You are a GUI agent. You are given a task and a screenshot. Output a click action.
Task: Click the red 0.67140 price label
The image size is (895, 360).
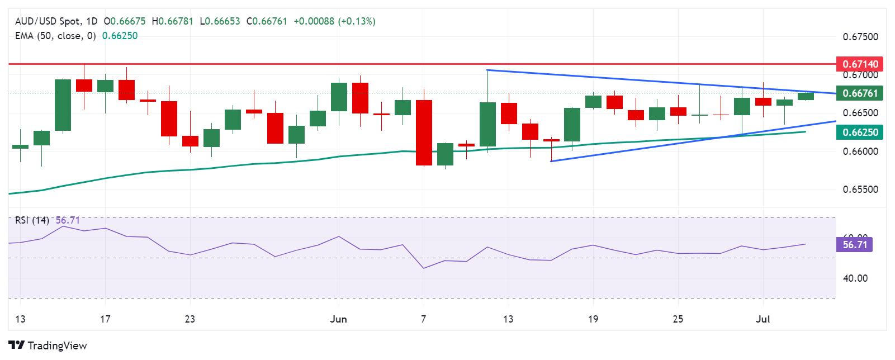point(860,64)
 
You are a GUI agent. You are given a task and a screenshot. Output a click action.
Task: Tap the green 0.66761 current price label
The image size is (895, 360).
point(860,93)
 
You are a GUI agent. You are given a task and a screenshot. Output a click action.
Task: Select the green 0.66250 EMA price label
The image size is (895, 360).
point(860,132)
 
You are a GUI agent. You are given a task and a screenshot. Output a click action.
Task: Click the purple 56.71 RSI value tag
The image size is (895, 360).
point(854,245)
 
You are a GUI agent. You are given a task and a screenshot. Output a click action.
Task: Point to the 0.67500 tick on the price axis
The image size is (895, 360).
point(860,37)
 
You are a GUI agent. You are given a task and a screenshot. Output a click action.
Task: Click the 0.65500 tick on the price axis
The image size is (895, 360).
point(860,190)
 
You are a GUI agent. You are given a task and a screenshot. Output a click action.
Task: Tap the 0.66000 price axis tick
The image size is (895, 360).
point(860,151)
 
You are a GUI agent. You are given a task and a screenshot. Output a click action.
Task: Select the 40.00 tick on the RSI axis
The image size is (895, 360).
point(855,278)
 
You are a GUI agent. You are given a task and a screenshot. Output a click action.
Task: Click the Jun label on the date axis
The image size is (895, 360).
point(338,319)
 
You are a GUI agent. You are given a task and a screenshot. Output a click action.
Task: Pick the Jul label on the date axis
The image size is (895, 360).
point(763,319)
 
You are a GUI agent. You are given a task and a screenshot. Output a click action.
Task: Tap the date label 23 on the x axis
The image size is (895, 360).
point(190,319)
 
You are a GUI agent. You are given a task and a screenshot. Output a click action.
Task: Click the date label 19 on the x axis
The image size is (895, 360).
point(593,319)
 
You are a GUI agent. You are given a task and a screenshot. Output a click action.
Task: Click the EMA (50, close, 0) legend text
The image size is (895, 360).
point(55,36)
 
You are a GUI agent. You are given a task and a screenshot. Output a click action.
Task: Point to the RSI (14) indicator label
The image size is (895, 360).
point(32,220)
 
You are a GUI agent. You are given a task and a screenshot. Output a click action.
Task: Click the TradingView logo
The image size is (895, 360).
point(48,345)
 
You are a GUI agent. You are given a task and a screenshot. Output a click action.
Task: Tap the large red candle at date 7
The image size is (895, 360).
point(424,132)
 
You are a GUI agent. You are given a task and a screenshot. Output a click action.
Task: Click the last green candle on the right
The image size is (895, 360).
point(806,96)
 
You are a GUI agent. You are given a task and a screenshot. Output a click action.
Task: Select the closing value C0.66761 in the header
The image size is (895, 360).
point(267,21)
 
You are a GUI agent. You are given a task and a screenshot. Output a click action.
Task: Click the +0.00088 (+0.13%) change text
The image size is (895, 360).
point(334,21)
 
